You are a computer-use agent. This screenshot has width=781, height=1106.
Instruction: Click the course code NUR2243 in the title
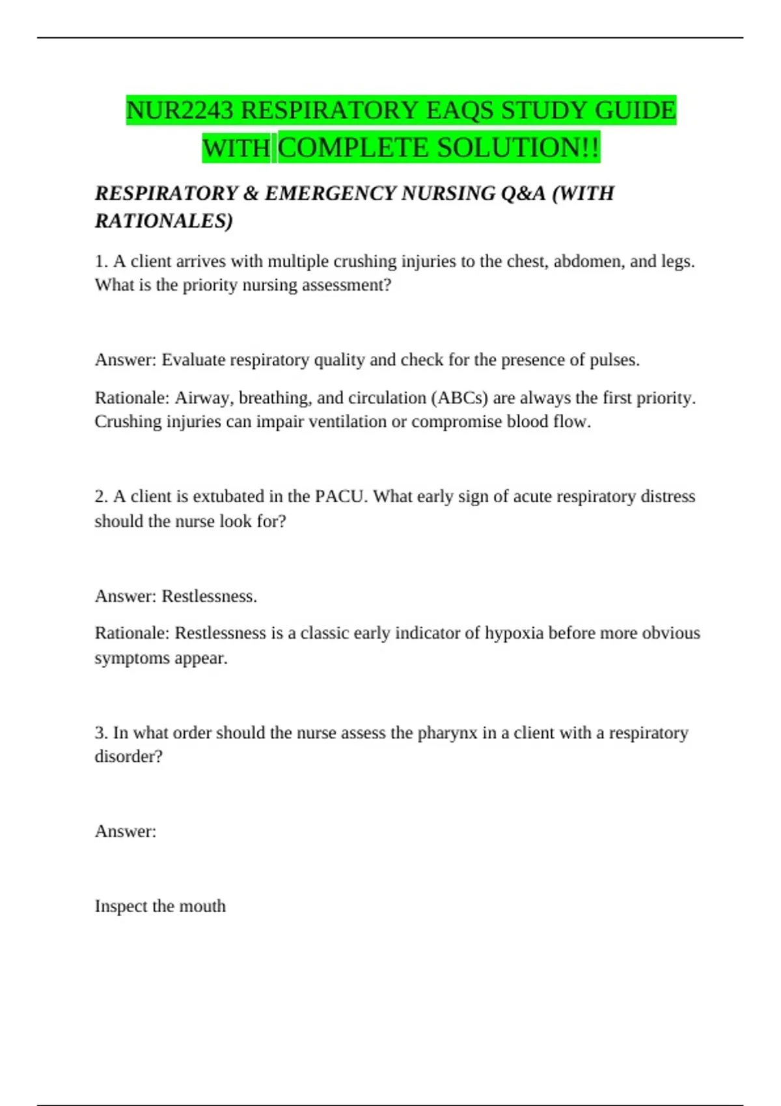180,110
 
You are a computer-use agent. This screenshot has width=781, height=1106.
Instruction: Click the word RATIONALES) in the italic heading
163,221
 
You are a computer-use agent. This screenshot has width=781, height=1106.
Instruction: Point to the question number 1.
101,262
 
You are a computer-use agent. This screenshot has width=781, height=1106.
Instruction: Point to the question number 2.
101,496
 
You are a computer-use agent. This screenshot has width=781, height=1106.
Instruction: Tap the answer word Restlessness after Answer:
209,596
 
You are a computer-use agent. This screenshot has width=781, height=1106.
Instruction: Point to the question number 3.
101,733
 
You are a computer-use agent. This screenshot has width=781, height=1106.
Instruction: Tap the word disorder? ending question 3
128,757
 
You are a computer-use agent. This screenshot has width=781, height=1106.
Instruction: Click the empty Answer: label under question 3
126,831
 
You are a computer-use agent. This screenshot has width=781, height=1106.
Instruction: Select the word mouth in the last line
202,906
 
